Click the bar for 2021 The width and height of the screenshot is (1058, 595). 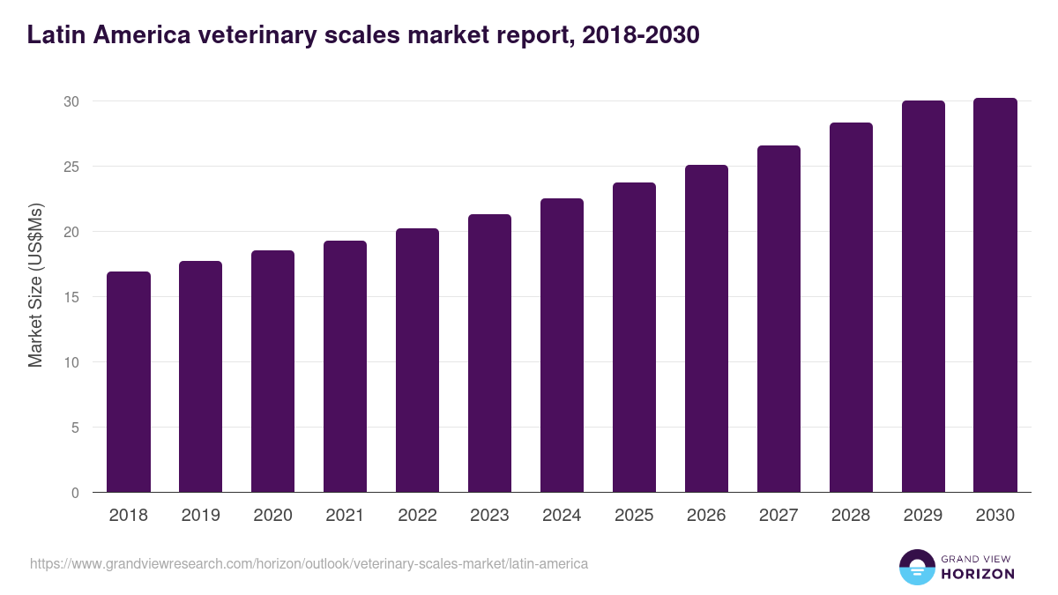click(345, 367)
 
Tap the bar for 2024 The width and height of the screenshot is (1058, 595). click(562, 346)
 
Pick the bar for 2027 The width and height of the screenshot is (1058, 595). click(779, 319)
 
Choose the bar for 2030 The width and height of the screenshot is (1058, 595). click(995, 295)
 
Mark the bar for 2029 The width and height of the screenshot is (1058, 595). click(923, 296)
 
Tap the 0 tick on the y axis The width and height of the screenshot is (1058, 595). click(76, 493)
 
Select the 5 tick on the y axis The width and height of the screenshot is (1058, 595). click(76, 428)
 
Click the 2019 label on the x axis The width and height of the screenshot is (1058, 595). click(201, 516)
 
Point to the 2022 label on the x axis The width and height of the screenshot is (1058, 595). click(417, 516)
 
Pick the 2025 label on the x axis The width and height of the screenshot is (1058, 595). click(634, 516)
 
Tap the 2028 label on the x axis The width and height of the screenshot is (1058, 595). click(851, 516)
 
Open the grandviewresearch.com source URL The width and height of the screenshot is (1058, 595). click(309, 563)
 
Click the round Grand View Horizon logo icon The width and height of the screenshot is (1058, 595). click(917, 567)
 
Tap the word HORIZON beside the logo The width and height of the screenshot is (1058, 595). click(979, 574)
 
